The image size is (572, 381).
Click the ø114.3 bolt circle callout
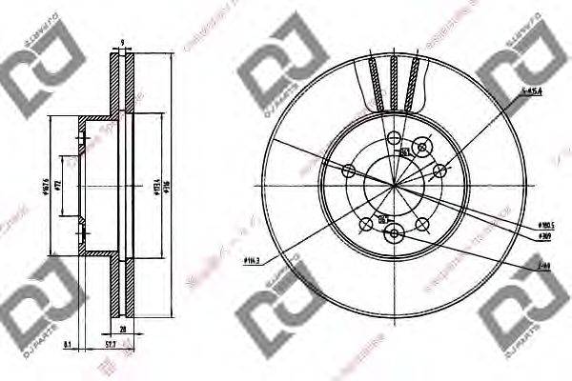coord(254,259)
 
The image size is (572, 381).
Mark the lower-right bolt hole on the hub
coord(419,226)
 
